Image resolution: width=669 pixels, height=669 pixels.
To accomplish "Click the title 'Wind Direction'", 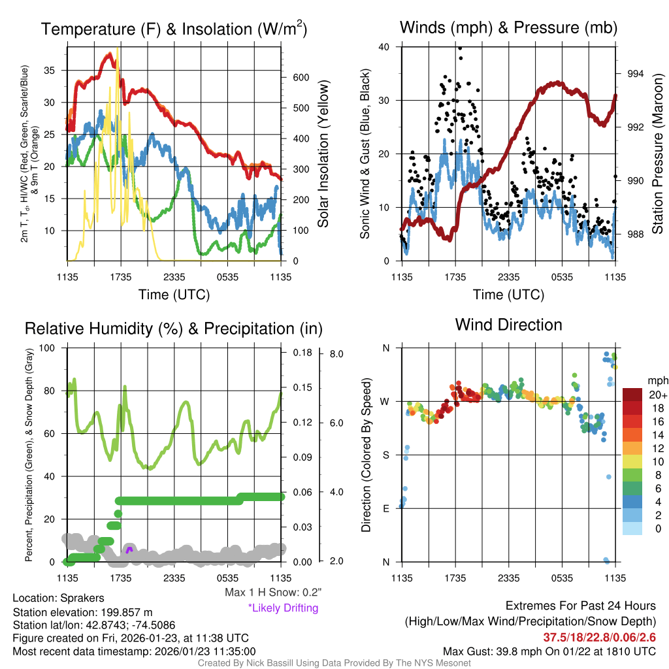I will tap(508, 325).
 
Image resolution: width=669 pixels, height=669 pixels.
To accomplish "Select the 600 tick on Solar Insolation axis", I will tap(301, 77).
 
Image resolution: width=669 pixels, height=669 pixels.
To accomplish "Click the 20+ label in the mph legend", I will tap(656, 395).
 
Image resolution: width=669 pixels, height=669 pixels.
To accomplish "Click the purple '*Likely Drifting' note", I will tap(283, 608).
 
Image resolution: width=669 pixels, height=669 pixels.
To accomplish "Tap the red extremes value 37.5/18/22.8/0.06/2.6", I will tap(599, 637).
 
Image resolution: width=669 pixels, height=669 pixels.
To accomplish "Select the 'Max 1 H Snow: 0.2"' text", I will tap(272, 593).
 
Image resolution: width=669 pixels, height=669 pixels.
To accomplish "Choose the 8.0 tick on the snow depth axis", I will tap(337, 353).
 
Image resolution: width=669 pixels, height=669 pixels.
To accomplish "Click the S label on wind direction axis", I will tap(385, 455).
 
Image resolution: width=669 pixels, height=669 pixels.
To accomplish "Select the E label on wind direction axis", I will tap(385, 508).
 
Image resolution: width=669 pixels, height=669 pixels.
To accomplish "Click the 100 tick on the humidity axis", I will tap(50, 348).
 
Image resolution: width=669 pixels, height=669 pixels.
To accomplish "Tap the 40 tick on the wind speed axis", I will tap(384, 46).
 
